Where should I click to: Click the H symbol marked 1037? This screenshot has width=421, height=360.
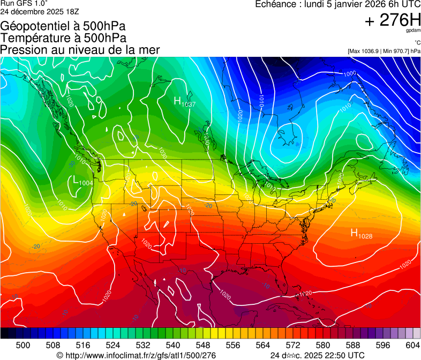177,100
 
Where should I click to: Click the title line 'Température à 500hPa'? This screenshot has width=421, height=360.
63,38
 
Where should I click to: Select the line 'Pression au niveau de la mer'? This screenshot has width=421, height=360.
80,49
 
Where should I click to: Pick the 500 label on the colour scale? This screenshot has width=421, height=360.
23,345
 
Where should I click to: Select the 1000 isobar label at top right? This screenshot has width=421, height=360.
350,73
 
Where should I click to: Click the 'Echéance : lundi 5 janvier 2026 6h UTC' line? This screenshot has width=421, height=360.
337,4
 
